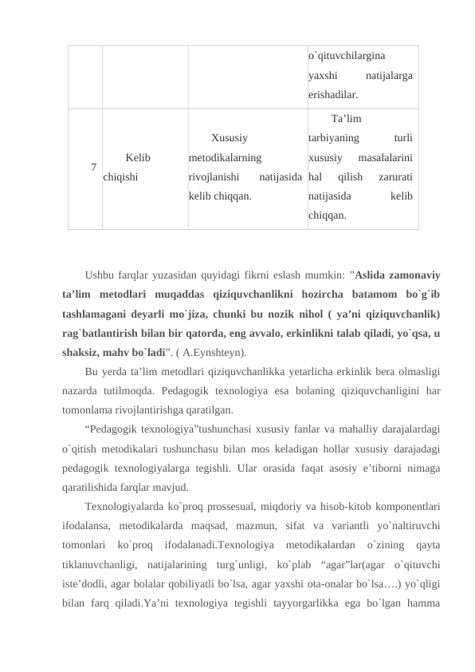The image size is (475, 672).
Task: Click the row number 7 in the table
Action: [x=94, y=167]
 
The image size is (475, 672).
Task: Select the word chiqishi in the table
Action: [x=120, y=174]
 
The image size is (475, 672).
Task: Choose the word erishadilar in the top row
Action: [x=331, y=94]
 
